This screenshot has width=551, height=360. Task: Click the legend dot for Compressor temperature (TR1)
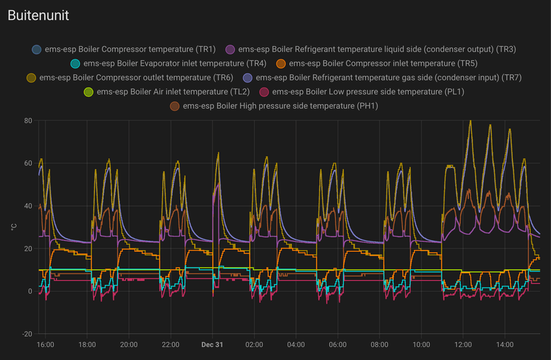[x=37, y=50]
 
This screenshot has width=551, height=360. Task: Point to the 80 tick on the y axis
[x=28, y=120]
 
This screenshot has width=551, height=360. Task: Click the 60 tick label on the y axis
[x=28, y=163]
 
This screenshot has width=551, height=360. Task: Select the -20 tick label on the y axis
[x=27, y=334]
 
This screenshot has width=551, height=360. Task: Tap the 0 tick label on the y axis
[x=30, y=291]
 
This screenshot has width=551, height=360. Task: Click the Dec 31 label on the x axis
[x=211, y=345]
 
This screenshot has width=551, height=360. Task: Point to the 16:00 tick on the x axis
[x=45, y=345]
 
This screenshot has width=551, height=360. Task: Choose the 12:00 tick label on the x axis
[x=463, y=345]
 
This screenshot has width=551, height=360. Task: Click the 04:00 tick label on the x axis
[x=295, y=345]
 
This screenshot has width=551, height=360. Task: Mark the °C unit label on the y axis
[x=14, y=227]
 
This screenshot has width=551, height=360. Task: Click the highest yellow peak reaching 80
[x=470, y=121]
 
